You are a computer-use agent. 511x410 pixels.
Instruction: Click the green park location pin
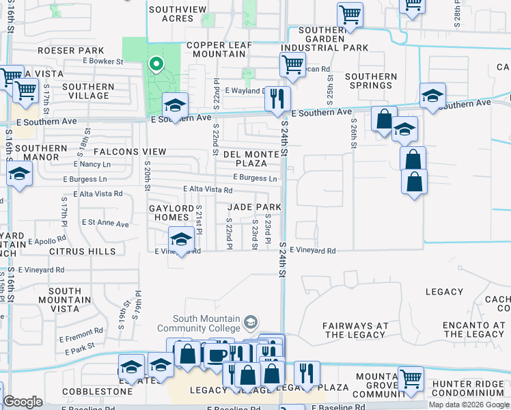coord(156,65)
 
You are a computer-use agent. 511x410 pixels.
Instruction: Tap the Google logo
coord(23,402)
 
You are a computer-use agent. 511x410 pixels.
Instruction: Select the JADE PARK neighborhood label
coord(253,207)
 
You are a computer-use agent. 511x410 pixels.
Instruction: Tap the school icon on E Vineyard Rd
coord(180,240)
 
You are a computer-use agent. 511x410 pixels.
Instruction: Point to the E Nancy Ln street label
coord(92,165)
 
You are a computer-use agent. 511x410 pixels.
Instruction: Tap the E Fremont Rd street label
coord(81,338)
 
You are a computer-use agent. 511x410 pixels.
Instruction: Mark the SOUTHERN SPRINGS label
coord(371,81)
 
